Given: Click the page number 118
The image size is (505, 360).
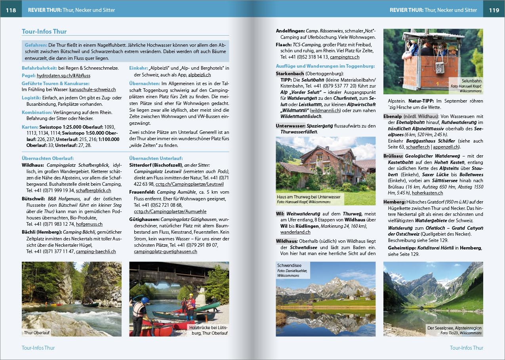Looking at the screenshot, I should click(11, 10).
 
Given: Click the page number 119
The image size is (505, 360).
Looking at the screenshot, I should click(494, 10).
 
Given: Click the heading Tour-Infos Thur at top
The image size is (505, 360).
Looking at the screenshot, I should click(44, 31).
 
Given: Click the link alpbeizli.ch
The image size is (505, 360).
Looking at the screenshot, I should click(199, 74).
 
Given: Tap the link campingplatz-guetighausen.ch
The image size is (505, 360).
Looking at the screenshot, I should click(165, 251).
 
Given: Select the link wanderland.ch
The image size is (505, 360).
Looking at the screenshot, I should click(295, 232).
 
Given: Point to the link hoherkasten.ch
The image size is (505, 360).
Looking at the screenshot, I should click(427, 193).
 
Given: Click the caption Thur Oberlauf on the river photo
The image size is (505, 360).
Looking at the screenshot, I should click(36, 333).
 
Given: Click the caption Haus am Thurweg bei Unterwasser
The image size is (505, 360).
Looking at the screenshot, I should click(309, 197).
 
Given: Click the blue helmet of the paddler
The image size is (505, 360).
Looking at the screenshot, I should click(145, 300).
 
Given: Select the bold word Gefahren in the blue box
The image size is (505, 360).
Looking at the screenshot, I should click(36, 45).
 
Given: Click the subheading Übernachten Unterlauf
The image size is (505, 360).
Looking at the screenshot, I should click(156, 158).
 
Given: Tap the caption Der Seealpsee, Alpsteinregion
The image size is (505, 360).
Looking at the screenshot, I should click(454, 328).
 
